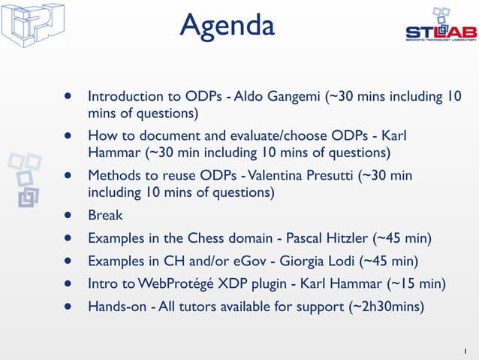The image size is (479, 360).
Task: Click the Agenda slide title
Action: click(227, 26)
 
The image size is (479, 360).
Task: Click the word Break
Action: click(105, 216)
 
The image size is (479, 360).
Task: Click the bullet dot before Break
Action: click(68, 216)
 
